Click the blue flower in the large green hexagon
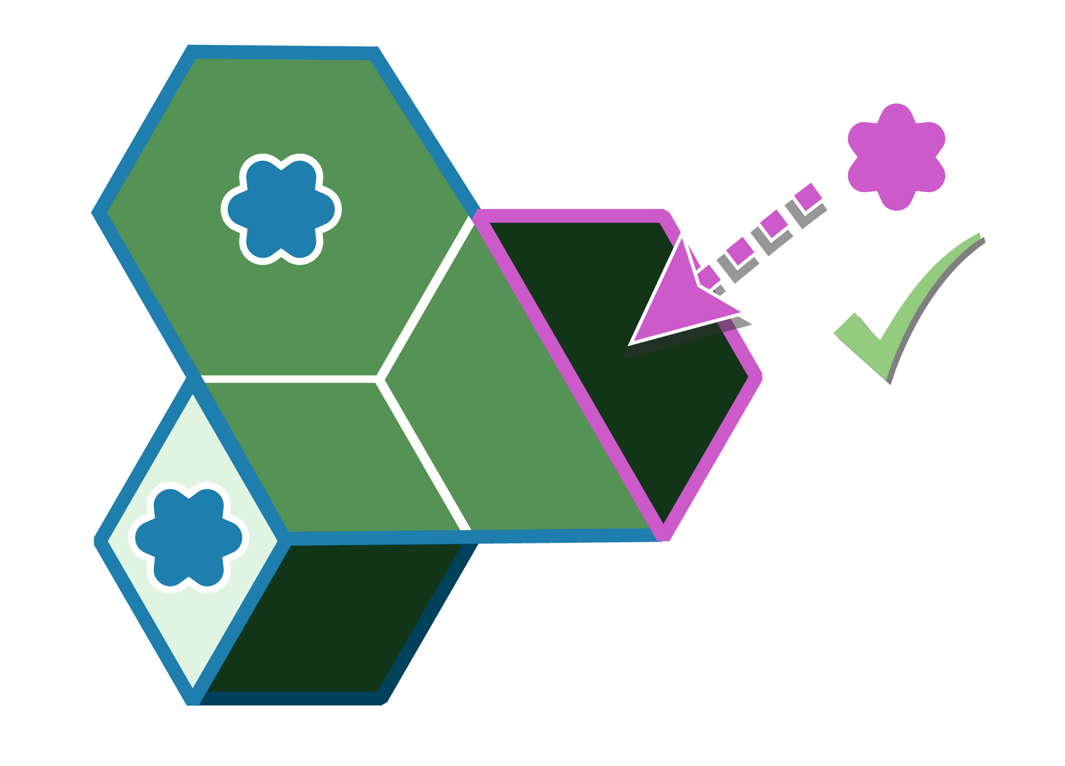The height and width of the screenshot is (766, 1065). pos(281,209)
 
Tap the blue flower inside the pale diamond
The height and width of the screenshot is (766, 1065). pos(189,538)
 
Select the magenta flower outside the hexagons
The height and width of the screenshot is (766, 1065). pos(896,157)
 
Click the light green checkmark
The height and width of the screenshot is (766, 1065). pos(895,321)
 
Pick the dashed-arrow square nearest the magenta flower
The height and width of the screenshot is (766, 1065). pos(809,197)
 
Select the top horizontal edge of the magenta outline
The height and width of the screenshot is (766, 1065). pos(574,215)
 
